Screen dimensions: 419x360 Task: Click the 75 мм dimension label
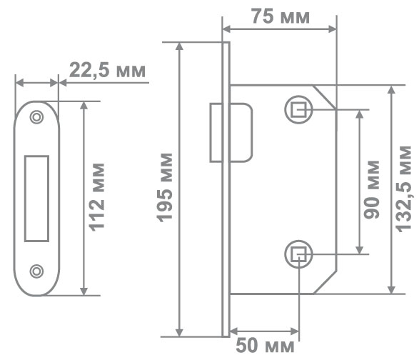281,16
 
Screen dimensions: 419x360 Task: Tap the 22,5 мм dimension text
107,71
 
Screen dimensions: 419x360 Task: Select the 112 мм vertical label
97,197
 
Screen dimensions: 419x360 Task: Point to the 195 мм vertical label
165,188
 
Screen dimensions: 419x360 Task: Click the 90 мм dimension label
372,190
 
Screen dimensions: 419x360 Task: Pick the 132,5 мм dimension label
403,189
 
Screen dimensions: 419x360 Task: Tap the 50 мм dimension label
265,346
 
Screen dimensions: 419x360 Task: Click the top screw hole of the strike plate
36,117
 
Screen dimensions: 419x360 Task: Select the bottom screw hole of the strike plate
36,271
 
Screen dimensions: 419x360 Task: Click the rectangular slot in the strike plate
36,199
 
